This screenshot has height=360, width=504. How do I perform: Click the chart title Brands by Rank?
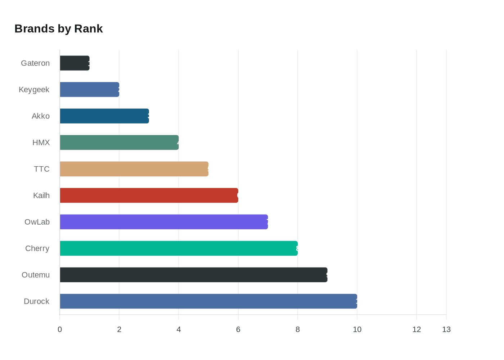tap(59, 29)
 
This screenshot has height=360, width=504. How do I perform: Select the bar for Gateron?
tap(75, 63)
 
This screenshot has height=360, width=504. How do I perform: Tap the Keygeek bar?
tap(89, 90)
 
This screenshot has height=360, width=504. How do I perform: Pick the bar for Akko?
tap(104, 116)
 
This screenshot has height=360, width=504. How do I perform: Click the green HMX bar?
tap(119, 143)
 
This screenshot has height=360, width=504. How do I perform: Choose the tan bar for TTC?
tap(134, 169)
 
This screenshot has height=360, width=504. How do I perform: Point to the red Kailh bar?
tap(149, 195)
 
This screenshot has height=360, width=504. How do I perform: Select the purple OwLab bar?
tap(164, 222)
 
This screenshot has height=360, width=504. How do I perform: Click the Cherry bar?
tap(179, 248)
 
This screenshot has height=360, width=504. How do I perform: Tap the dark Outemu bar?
tap(194, 275)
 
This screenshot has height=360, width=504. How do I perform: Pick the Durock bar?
tap(208, 301)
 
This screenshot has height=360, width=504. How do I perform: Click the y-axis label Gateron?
tap(35, 63)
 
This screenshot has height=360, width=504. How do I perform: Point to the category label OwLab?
tap(37, 222)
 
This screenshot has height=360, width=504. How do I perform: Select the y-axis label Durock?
tap(36, 301)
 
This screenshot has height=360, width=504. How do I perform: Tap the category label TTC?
tap(42, 169)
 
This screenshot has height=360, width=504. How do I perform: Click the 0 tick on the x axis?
tap(60, 329)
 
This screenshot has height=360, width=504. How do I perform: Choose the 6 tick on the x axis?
tap(238, 329)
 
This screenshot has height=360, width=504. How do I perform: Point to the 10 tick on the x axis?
tap(357, 329)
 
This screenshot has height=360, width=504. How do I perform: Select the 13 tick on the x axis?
tap(446, 329)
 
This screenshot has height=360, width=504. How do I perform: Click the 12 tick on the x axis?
tap(417, 329)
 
